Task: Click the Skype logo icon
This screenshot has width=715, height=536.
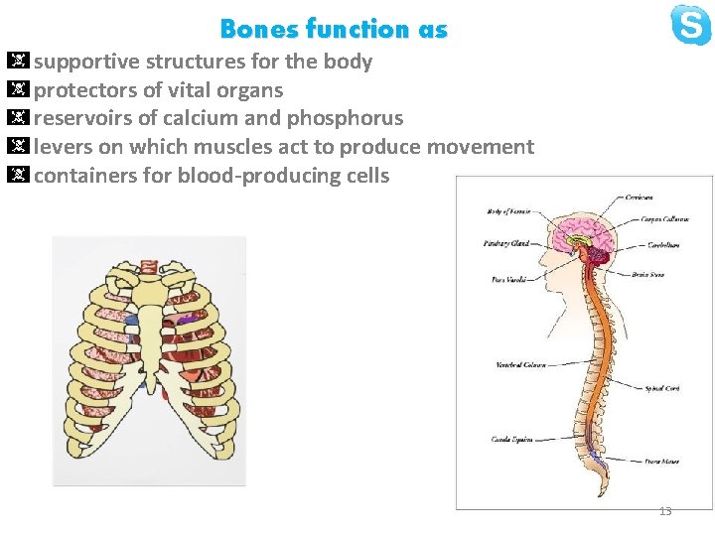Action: click(x=690, y=25)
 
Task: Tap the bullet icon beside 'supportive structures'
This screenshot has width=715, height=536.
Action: click(x=19, y=62)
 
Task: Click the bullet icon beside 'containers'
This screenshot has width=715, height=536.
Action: click(x=19, y=176)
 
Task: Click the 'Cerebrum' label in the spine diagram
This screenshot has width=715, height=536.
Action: click(x=639, y=198)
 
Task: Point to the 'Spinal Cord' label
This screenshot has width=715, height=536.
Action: click(x=661, y=388)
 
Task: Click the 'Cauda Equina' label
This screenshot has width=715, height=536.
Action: click(x=511, y=439)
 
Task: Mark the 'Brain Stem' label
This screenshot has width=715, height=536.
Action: click(x=650, y=273)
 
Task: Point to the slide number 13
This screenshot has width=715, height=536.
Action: click(x=665, y=511)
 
